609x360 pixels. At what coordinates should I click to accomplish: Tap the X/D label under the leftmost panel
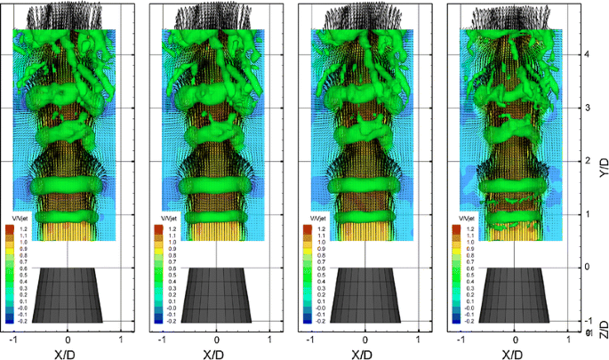click(66, 353)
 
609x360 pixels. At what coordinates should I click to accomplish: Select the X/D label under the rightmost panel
click(513, 353)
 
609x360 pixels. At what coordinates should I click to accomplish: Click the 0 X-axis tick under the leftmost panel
click(68, 340)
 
